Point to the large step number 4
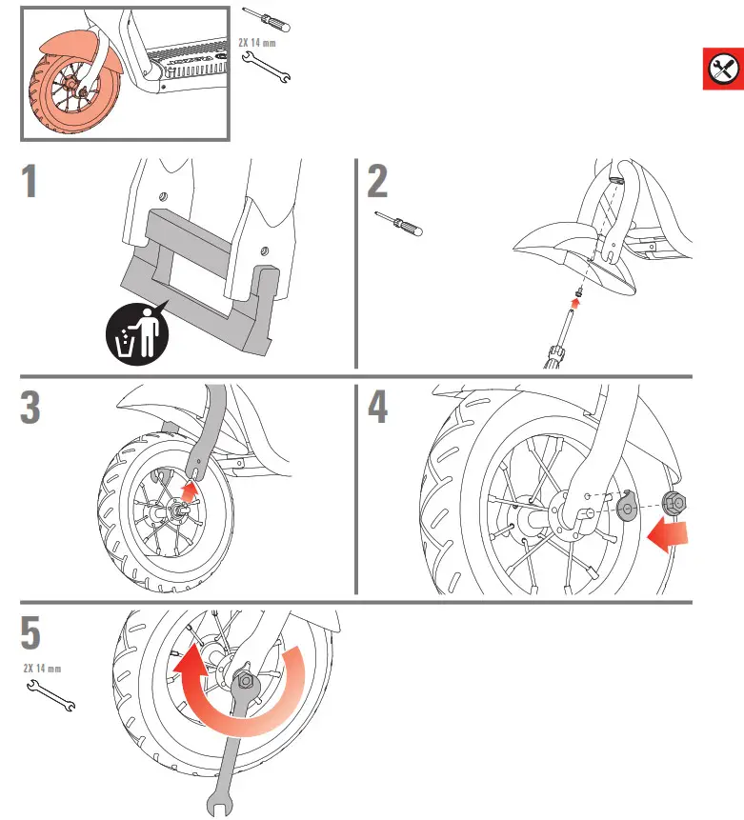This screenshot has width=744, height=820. tap(378, 408)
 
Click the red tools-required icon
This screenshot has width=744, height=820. tap(723, 69)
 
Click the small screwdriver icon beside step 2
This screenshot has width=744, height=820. tap(399, 223)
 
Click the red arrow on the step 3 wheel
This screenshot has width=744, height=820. tap(191, 491)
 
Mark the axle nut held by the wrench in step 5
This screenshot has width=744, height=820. tap(244, 680)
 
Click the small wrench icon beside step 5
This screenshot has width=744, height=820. tap(53, 696)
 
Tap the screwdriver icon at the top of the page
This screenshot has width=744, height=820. tap(268, 18)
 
